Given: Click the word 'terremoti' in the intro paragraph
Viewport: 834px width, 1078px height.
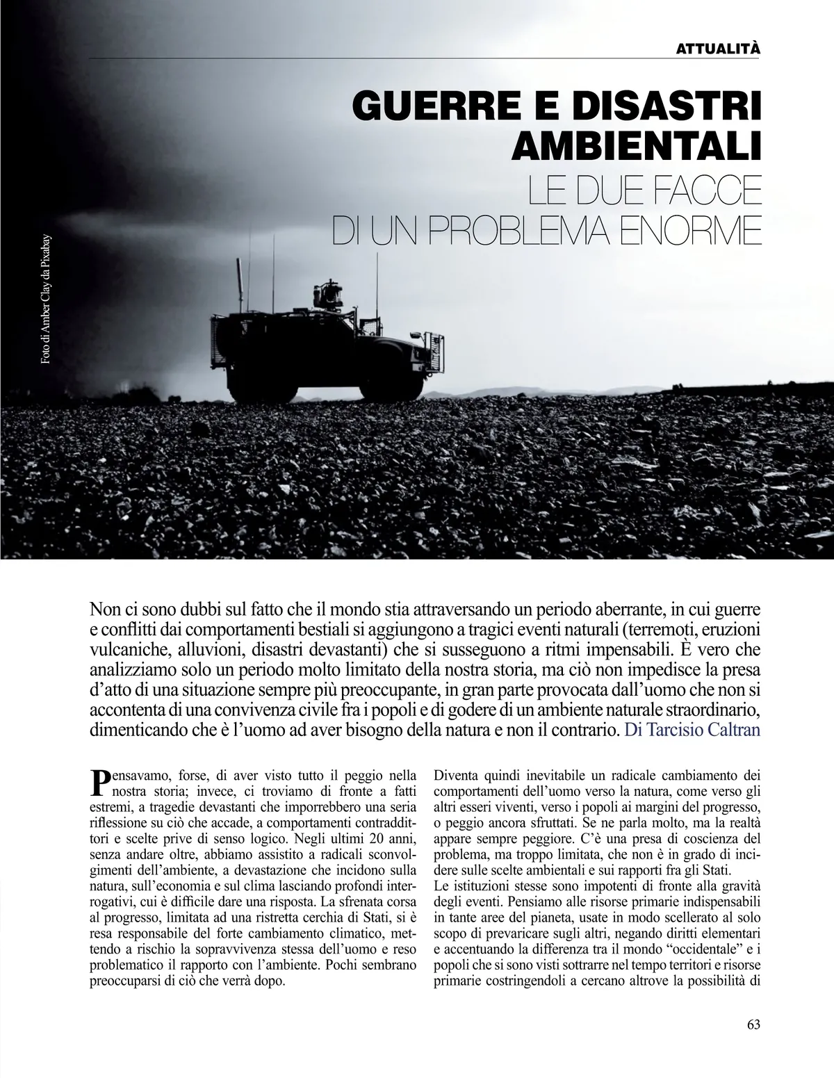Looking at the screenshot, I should tap(665, 630).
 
